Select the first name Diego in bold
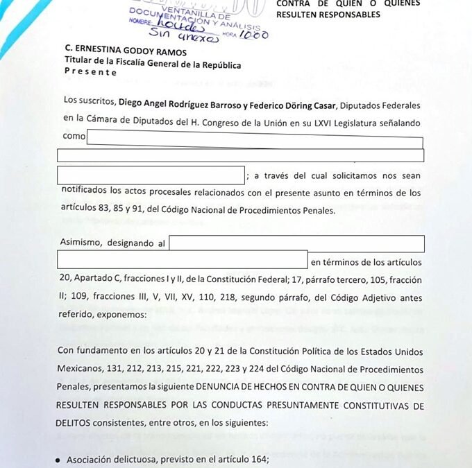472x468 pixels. pos(131,101)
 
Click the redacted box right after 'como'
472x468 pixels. pos(255,136)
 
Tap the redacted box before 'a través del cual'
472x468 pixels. pos(151,175)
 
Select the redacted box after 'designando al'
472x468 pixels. pos(297,244)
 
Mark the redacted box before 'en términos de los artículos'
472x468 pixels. pos(182,260)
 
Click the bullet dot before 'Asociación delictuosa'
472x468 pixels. pos(58,460)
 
